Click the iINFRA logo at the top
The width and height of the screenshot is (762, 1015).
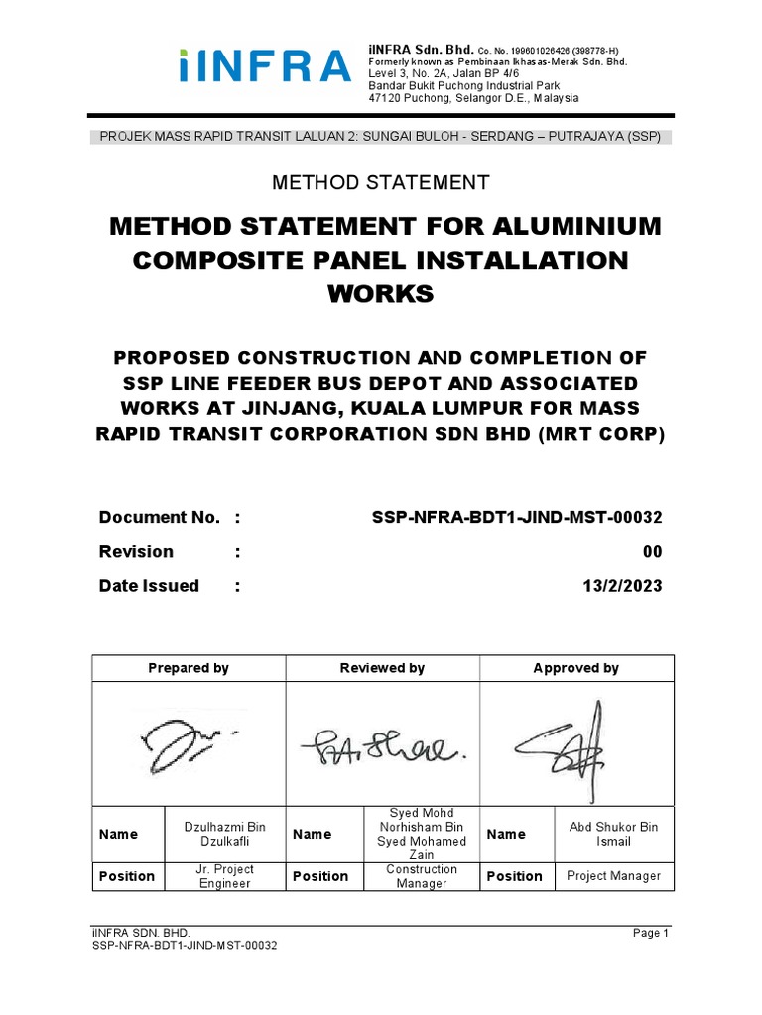point(265,66)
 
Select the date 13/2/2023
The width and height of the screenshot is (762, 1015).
point(621,586)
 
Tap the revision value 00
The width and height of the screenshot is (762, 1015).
point(652,552)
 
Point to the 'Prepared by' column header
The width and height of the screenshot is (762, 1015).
point(189,668)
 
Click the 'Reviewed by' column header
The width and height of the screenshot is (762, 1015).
point(382,668)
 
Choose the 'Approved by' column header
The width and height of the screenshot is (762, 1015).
point(575,668)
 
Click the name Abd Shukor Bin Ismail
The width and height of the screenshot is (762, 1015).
point(613,834)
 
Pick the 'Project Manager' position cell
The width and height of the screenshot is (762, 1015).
point(613,876)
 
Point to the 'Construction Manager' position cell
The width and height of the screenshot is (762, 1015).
point(422,876)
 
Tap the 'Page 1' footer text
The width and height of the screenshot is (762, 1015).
point(651,934)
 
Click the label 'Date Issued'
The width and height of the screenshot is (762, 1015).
point(149,586)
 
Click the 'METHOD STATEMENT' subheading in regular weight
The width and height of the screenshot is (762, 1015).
point(382,182)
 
